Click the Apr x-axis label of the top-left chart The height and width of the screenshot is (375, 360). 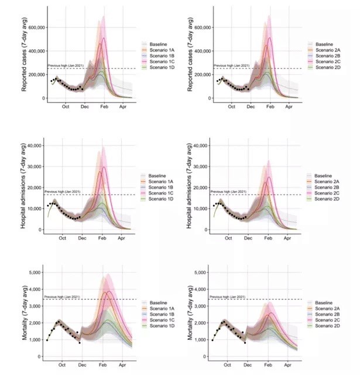[123, 108]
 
